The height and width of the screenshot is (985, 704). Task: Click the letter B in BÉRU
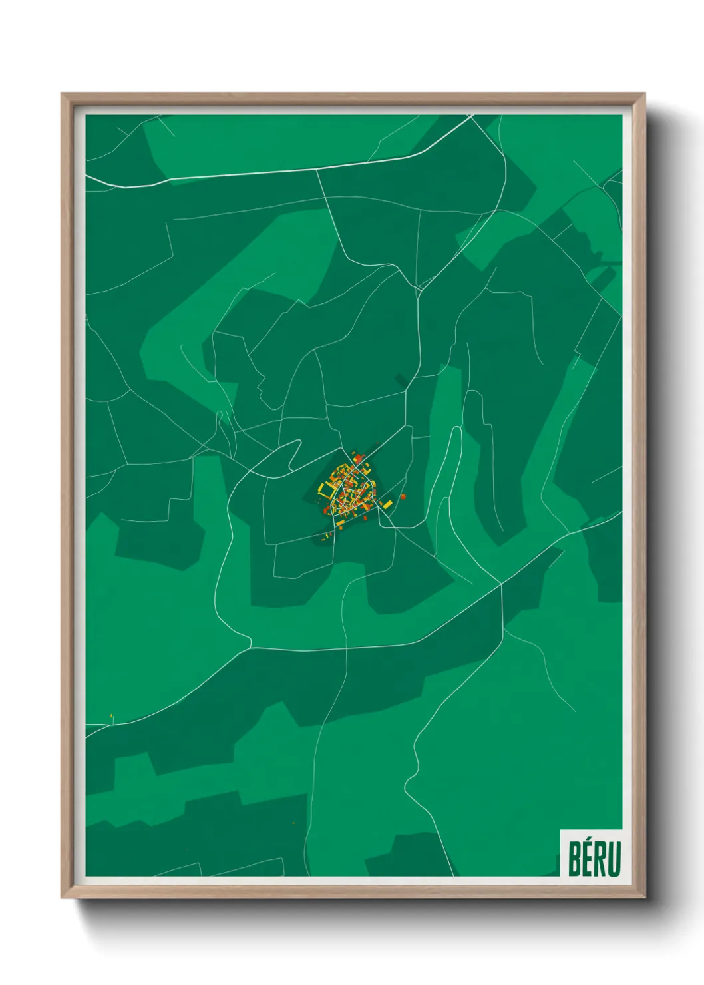574,859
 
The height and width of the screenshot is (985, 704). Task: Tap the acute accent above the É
589,839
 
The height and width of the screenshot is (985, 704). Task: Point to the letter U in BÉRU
615,859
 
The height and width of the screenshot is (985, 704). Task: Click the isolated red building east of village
403,496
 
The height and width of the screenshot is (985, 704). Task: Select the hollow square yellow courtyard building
327,491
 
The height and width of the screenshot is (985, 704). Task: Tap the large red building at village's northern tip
357,459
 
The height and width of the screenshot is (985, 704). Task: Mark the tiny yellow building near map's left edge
112,717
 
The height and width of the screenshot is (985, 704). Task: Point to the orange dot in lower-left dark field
293,824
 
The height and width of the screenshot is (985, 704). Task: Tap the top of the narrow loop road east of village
457,430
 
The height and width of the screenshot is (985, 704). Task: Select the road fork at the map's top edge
470,117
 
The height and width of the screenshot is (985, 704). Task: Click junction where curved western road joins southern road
250,646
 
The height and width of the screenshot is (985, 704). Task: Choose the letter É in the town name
588,859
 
